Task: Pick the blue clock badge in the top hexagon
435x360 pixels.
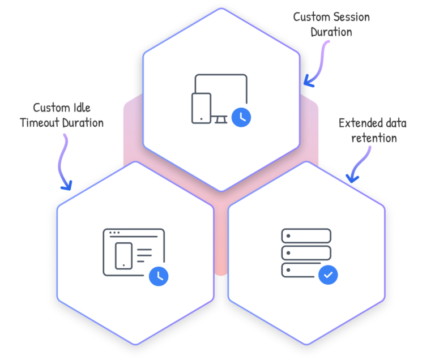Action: click(242, 116)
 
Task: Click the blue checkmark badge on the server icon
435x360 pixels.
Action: click(329, 276)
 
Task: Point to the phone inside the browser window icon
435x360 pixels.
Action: click(123, 256)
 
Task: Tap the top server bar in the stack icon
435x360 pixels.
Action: click(306, 235)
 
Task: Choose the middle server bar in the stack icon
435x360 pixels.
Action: click(306, 252)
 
